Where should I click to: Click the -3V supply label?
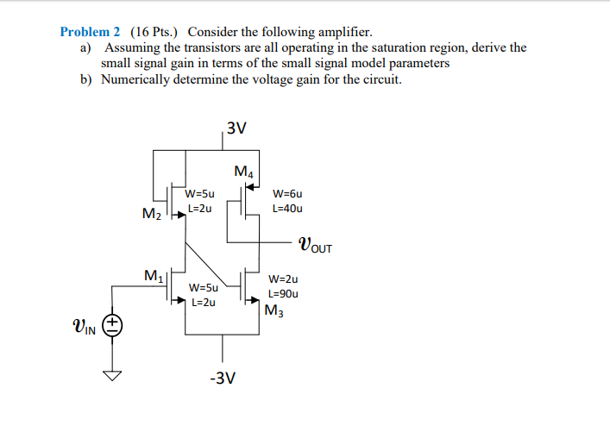tap(225, 378)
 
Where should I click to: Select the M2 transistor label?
tap(151, 213)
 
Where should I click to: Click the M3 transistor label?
tap(275, 310)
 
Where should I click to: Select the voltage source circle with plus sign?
tap(114, 325)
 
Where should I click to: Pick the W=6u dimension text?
tap(286, 194)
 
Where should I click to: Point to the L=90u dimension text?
tap(284, 293)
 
